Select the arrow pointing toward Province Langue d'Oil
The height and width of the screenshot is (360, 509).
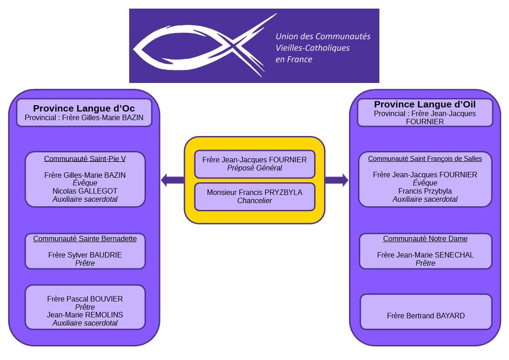pos(337,180)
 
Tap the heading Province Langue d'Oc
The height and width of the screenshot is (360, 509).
pos(84,108)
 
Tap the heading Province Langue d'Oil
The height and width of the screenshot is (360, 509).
pos(425,104)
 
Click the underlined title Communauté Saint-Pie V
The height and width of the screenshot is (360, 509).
pos(85,159)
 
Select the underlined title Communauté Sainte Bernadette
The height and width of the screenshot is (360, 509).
pos(85,238)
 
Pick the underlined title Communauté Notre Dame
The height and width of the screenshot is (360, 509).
pos(425,238)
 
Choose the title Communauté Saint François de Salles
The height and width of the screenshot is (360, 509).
pos(425,159)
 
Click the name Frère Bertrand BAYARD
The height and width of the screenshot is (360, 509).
pos(426,316)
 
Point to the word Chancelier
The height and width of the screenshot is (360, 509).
pos(255,200)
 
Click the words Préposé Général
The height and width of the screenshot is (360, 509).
pos(255,168)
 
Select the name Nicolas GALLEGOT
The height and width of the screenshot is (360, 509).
pos(85,191)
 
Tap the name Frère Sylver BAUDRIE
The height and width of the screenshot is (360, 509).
pos(85,255)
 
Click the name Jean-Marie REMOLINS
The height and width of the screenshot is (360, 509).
pos(85,315)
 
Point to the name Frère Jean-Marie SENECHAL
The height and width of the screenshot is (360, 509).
pos(425,255)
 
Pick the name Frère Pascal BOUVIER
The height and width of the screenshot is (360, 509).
pos(85,299)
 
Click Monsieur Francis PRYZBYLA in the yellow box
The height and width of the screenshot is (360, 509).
pos(255,192)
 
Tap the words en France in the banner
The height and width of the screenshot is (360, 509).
pos(294,59)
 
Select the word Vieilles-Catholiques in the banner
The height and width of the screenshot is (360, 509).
pos(312,48)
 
